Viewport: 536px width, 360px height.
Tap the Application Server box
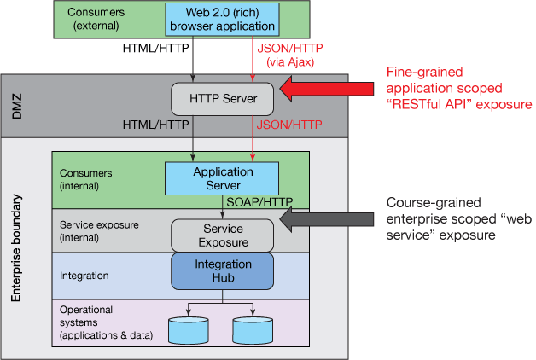coord(222,178)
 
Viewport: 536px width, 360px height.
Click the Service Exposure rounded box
coord(222,235)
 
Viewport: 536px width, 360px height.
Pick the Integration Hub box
coord(222,271)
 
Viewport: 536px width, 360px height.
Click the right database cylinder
coord(251,329)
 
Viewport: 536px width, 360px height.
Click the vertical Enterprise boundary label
coord(16,251)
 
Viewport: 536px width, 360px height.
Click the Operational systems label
coord(102,323)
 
